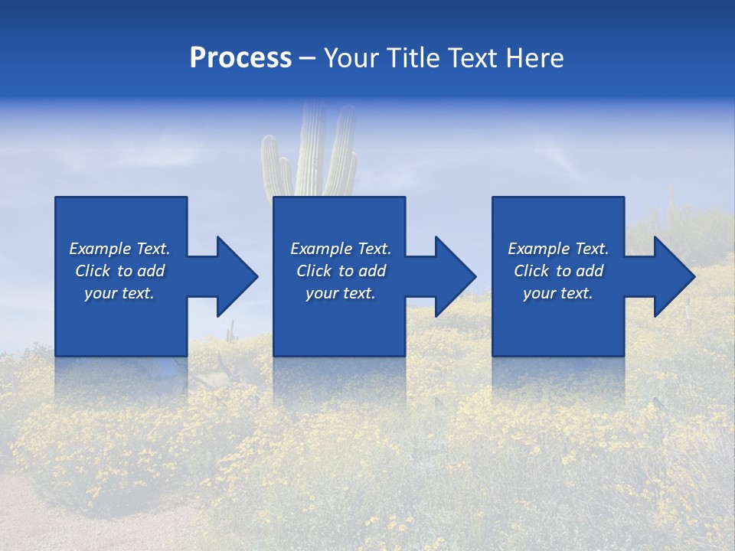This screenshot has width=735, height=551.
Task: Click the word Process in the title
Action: pyautogui.click(x=240, y=58)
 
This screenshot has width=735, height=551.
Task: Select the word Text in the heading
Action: pyautogui.click(x=472, y=58)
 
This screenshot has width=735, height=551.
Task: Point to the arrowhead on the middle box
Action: pyautogui.click(x=454, y=276)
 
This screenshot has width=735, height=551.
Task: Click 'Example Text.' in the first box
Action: pyautogui.click(x=119, y=249)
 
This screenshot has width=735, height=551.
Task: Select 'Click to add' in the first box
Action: pyautogui.click(x=119, y=271)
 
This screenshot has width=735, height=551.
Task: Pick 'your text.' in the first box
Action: pyautogui.click(x=119, y=293)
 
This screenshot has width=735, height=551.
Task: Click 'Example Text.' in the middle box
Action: pyautogui.click(x=341, y=249)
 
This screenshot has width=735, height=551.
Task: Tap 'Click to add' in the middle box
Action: pyautogui.click(x=341, y=271)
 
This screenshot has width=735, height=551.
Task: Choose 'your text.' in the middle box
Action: pyautogui.click(x=341, y=293)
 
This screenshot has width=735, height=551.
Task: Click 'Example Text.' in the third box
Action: pyautogui.click(x=558, y=249)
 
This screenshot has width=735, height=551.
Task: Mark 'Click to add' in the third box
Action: pyautogui.click(x=558, y=271)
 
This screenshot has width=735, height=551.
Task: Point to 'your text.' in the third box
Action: pyautogui.click(x=558, y=293)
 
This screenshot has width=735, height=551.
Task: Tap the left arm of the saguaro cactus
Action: pyautogui.click(x=270, y=165)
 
